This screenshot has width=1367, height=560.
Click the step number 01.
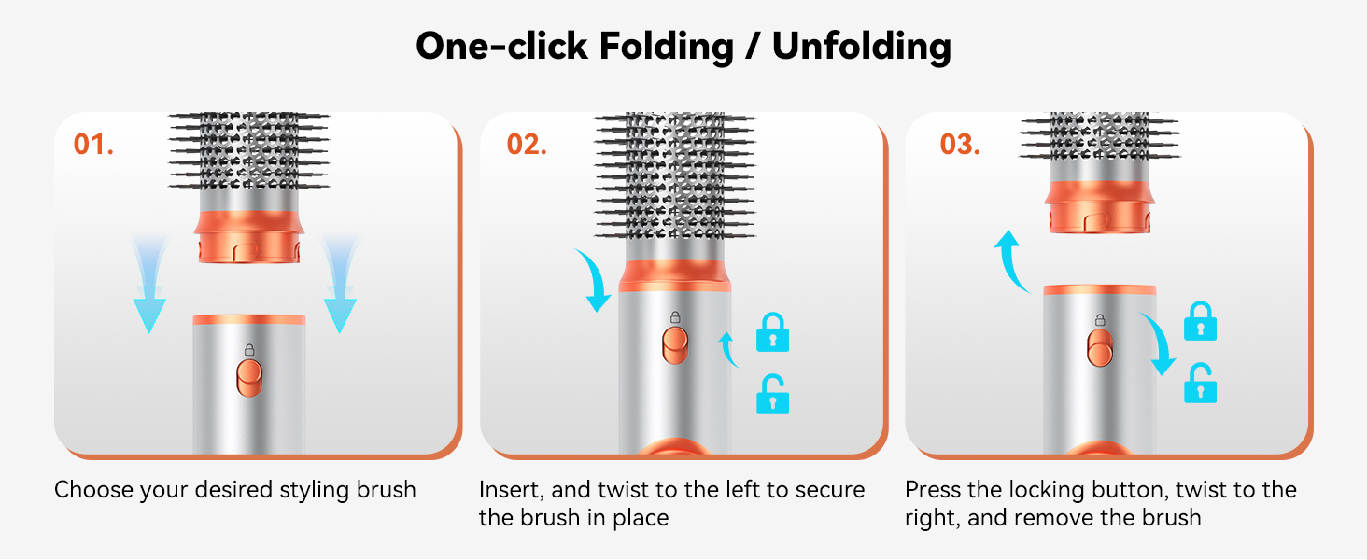(x=93, y=145)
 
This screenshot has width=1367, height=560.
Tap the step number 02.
(x=527, y=145)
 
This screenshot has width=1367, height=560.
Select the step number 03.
(x=960, y=145)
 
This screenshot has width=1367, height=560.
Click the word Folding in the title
(x=667, y=47)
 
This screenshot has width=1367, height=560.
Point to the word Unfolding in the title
(x=862, y=47)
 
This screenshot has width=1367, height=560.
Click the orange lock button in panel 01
(x=249, y=378)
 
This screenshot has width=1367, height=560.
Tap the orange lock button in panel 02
(x=675, y=345)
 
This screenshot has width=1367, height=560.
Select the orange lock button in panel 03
(x=1100, y=348)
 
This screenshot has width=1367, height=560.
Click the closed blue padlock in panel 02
(x=772, y=332)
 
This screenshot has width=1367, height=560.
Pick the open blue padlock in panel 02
(x=772, y=395)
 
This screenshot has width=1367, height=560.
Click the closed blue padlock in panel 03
(x=1201, y=321)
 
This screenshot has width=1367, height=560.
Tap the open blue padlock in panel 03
(x=1201, y=383)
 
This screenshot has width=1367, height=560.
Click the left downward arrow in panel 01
(x=148, y=287)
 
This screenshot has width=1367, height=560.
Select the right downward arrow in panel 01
(x=339, y=287)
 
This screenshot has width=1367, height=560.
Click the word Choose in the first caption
(x=93, y=490)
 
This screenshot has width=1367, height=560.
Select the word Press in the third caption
(x=933, y=490)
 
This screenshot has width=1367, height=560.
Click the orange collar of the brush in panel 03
(x=1099, y=207)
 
